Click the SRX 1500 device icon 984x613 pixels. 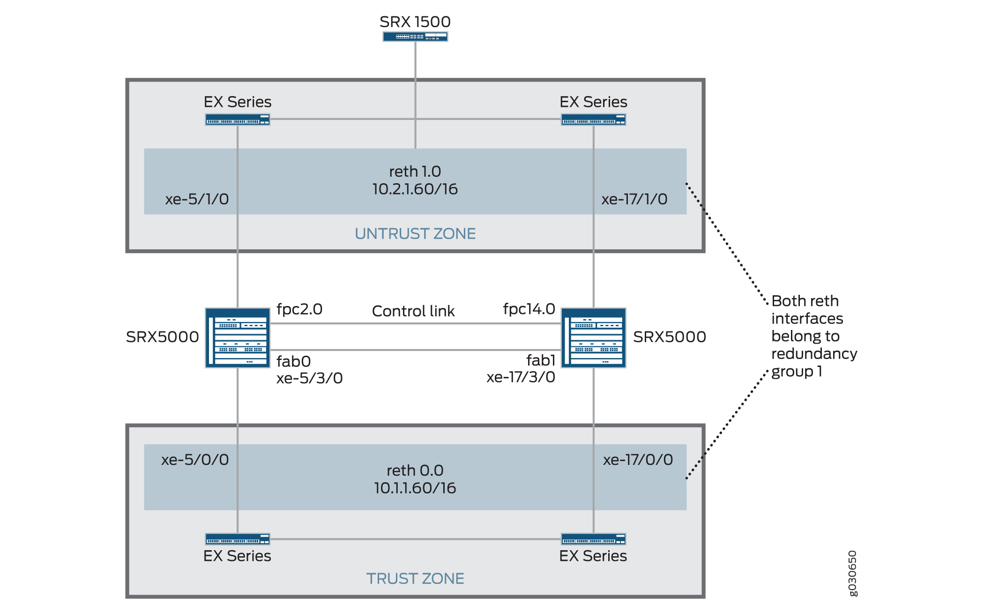(x=415, y=37)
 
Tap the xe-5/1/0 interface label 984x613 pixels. (x=197, y=199)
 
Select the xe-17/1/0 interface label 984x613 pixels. (x=634, y=199)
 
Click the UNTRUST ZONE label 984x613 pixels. (x=415, y=233)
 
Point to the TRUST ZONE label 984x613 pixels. (x=415, y=578)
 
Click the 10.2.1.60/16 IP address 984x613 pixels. (x=415, y=189)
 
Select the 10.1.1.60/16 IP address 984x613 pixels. (x=415, y=488)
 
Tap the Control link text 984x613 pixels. (x=413, y=311)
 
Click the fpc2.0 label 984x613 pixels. (x=299, y=309)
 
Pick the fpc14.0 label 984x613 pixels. (x=529, y=309)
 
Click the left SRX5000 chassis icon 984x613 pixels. (x=238, y=337)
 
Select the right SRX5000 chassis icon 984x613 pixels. (x=593, y=337)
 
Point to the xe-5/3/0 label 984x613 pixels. (x=309, y=378)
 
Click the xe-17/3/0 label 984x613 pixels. (x=521, y=377)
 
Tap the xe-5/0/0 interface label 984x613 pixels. (x=195, y=460)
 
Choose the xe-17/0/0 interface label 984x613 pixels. (x=638, y=460)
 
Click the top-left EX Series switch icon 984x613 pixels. (x=238, y=120)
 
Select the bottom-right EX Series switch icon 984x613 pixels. (x=593, y=539)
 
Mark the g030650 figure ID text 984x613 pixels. (x=853, y=573)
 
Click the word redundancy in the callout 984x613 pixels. (x=814, y=354)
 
